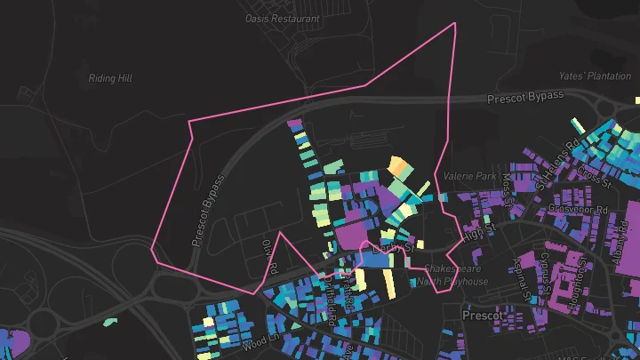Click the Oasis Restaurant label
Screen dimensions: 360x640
[x=283, y=19]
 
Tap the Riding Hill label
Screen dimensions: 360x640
[x=110, y=78]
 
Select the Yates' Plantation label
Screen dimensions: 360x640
[x=594, y=76]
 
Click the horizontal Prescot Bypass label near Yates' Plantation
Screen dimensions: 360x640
[x=525, y=96]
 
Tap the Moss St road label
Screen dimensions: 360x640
[x=508, y=186]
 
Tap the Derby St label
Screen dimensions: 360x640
[x=394, y=247]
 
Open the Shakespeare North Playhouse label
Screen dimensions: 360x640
[x=452, y=275]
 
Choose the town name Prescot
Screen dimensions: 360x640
[x=484, y=316]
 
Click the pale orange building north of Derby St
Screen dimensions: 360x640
[x=399, y=169]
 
